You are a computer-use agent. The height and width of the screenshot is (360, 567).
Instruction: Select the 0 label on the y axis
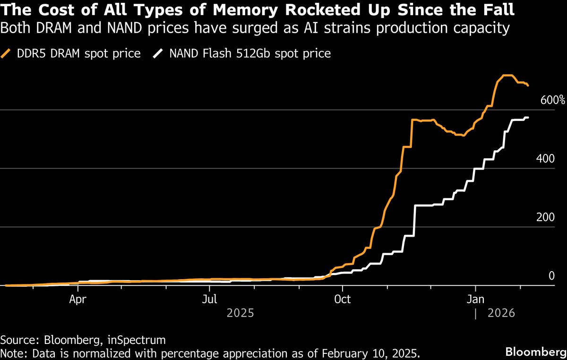pos(551,275)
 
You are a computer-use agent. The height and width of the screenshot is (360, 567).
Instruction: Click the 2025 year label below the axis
pos(241,313)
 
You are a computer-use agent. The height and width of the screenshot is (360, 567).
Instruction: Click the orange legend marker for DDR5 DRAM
pos(7,53)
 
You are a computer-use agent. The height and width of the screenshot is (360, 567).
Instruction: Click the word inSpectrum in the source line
pos(141,340)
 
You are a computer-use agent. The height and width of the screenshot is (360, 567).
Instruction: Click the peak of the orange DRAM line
pos(507,76)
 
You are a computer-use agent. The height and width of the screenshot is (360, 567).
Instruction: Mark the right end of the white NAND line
pos(528,117)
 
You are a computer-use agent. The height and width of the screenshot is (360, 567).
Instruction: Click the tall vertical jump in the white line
pos(414,220)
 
